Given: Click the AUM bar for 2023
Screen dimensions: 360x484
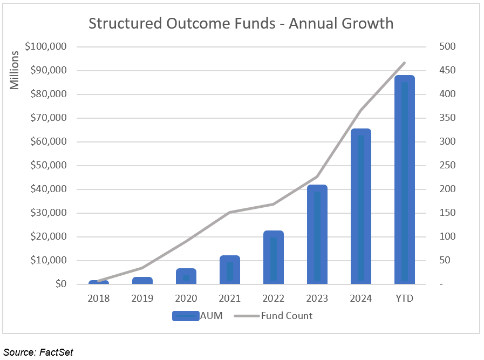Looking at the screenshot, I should pos(317,234).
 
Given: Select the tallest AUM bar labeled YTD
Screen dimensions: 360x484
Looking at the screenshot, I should pos(404,179).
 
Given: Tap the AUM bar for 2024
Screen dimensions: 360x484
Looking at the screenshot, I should pos(361,206).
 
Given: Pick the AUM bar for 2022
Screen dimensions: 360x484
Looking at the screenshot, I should pos(274,257).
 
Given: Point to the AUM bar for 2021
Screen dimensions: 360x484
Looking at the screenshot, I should pos(230,269).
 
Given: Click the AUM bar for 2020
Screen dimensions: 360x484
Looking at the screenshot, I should pos(186,276).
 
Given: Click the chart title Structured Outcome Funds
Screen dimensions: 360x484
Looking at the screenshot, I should pos(241,24).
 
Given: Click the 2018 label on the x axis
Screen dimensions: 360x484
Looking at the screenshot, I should pos(99,298).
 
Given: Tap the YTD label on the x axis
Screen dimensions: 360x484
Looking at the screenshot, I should pos(404,298).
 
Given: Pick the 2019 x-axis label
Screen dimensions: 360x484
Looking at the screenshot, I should pos(142,298).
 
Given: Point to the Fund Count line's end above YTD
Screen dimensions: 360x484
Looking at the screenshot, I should pos(404,63).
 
